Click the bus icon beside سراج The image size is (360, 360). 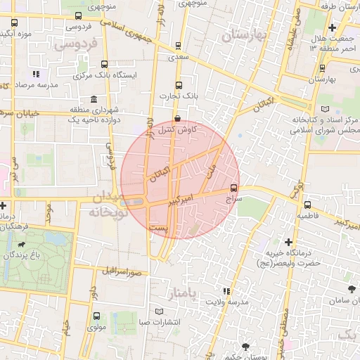234,188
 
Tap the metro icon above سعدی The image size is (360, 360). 179,46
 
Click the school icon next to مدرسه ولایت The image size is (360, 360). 226,291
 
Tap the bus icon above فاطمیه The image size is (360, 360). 307,205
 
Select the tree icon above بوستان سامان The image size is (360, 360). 351,289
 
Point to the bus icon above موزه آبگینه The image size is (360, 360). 14,22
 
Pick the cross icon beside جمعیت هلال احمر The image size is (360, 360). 332,27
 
